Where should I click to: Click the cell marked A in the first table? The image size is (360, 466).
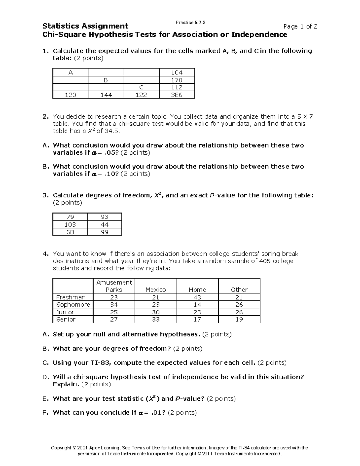[x=70, y=72]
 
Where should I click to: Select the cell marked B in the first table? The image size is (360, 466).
[x=106, y=80]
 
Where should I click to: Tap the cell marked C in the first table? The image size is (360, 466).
[x=141, y=87]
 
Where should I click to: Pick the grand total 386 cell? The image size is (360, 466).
[x=177, y=95]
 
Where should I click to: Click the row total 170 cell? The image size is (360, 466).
[x=177, y=80]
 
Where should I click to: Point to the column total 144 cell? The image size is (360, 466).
[x=106, y=95]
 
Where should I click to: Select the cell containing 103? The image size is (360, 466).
[x=70, y=224]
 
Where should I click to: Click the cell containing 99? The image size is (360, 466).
[x=104, y=232]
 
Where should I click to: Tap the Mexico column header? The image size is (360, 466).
[x=155, y=290]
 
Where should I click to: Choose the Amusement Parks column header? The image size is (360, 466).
[x=114, y=286]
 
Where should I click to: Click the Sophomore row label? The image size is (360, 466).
[x=73, y=305]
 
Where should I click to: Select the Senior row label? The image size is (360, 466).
[x=66, y=319]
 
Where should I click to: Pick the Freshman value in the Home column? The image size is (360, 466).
[x=197, y=297]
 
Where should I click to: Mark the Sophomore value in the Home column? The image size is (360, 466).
[x=197, y=305]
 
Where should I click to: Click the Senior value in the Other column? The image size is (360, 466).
[x=239, y=319]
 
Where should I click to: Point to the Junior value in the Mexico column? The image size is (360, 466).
[x=155, y=312]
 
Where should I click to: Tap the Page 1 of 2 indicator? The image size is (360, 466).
[x=300, y=26]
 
